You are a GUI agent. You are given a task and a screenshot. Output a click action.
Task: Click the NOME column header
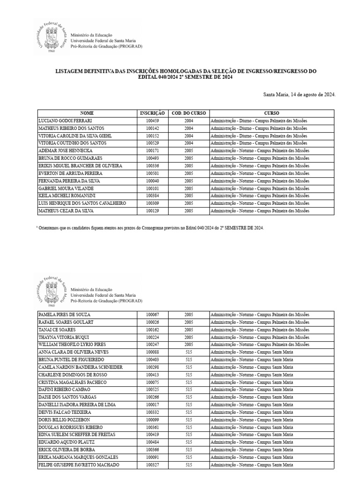[x=87, y=113]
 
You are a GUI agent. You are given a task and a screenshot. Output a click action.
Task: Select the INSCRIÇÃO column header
[x=152, y=113]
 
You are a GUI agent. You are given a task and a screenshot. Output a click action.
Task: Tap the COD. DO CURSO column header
[x=188, y=113]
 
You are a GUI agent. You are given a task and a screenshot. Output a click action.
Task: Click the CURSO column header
[x=271, y=113]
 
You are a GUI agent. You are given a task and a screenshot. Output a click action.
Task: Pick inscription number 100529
[x=152, y=143]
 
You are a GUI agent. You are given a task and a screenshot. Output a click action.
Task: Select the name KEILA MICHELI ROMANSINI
[x=67, y=195]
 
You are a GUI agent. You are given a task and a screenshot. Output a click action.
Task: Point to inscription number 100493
[x=152, y=158]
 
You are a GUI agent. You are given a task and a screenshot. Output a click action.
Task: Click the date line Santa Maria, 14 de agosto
[x=300, y=95]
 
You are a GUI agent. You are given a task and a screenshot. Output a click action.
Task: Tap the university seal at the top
[x=51, y=37]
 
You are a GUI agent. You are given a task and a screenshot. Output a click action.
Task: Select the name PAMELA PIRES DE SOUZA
[x=64, y=315]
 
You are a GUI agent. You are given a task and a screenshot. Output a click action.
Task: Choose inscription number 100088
[x=152, y=352]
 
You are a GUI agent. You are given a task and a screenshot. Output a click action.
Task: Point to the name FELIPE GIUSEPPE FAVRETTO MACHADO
[x=78, y=465]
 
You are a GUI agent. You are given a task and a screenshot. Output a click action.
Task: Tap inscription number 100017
[x=152, y=405]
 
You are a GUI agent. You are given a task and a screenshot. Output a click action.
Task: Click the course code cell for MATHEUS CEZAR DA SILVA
[x=188, y=211]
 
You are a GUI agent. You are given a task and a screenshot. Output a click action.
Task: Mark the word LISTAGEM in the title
[x=71, y=71]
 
